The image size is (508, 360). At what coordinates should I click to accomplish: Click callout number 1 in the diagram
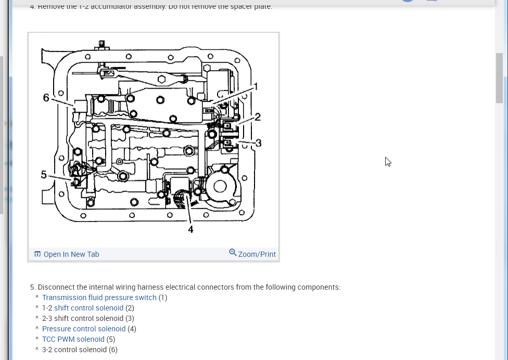[255, 86]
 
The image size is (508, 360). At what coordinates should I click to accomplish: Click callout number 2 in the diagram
[257, 117]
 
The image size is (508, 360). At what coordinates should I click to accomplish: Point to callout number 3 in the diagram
[258, 142]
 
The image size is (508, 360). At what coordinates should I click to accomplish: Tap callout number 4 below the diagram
[190, 229]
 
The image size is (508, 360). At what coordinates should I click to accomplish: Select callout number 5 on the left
[44, 175]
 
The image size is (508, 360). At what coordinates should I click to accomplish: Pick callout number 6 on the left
[46, 97]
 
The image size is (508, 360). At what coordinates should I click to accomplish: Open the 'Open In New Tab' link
[71, 254]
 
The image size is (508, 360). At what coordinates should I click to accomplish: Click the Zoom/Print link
[257, 254]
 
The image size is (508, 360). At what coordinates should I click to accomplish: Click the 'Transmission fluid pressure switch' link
[99, 297]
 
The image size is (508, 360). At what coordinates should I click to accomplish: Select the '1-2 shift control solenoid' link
[83, 308]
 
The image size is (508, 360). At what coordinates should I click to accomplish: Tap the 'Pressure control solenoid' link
[84, 329]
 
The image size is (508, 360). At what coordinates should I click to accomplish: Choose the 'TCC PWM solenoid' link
[73, 339]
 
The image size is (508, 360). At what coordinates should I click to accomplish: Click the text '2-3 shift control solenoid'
[83, 318]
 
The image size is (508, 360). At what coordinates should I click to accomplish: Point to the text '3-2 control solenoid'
[74, 350]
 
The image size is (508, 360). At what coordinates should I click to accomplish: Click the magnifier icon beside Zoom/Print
[233, 253]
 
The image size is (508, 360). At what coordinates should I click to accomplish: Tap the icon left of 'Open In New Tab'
[37, 254]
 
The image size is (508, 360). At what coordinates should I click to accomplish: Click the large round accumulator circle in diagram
[219, 186]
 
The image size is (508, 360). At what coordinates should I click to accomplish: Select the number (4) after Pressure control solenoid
[132, 329]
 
